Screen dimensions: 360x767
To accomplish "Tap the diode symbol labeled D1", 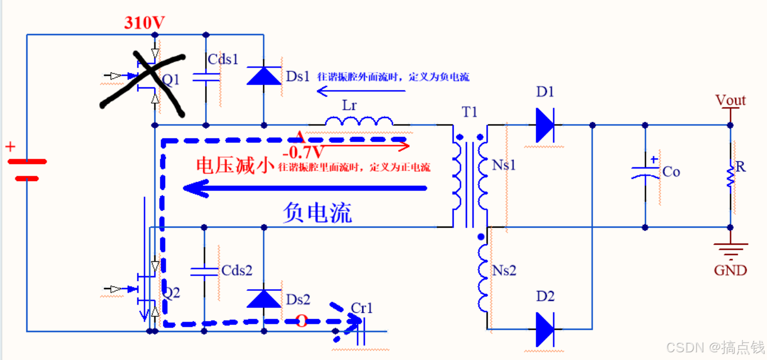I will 545,125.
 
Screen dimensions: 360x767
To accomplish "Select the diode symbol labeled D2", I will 545,329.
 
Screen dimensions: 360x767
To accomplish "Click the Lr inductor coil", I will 359,121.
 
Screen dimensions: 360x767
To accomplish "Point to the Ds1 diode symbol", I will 263,75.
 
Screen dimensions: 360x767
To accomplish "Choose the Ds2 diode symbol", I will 263,298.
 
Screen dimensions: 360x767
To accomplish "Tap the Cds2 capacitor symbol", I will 204,271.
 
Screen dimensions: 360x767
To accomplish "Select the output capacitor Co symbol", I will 645,173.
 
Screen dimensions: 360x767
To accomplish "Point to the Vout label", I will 730,100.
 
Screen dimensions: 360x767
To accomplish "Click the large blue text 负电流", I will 317,212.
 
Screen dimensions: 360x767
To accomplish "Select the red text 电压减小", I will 235,166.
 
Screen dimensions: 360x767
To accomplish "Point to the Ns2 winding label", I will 504,271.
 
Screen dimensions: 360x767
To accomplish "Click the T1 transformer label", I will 470,113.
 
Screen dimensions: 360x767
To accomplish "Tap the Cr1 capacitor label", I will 362,308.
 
